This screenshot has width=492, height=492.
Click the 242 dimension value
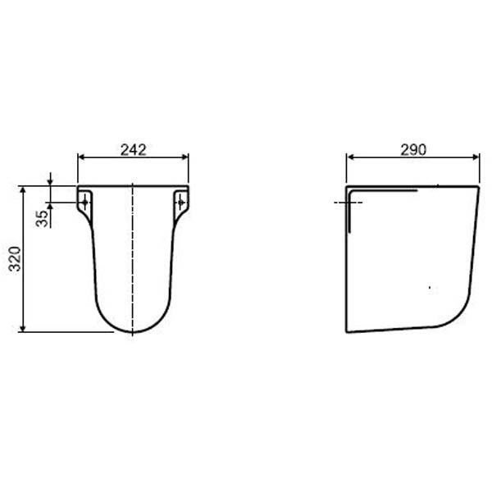pos(134,150)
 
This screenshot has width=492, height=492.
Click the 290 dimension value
pos(413,150)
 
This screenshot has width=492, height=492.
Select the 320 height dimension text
pos(15,259)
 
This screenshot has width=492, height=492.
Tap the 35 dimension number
pos(42,218)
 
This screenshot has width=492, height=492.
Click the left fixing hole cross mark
pos(84,203)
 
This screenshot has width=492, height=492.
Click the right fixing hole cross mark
pos(181,203)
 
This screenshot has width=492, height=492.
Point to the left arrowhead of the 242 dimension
pos(81,157)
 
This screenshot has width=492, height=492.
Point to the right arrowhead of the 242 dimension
pos(184,157)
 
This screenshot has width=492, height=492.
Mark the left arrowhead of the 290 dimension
pos(350,157)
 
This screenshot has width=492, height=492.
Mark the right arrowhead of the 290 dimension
pos(476,157)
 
